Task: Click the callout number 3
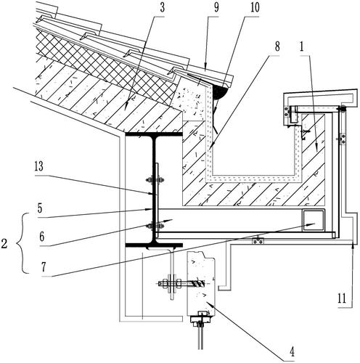pos(162,8)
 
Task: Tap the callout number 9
pos(216,8)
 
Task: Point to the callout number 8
pos(277,46)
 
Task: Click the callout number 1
pos(301,46)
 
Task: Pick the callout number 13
pos(39,166)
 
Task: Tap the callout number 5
pos(40,208)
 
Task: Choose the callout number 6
pos(42,237)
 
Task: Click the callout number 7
pos(44,267)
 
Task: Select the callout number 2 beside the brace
pos(4,244)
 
